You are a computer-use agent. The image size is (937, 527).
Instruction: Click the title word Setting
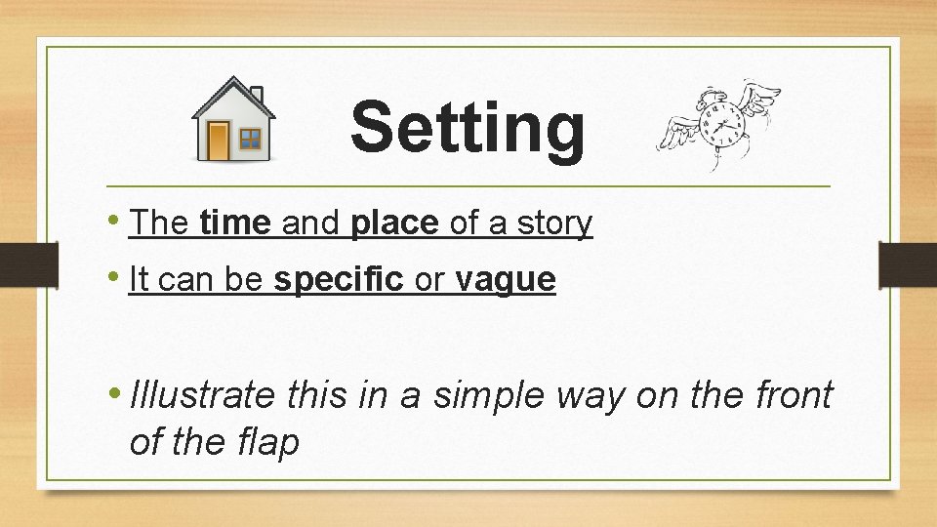coord(468,128)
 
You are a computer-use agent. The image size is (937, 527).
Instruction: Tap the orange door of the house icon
coord(218,141)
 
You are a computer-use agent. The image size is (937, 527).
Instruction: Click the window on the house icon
coord(252,140)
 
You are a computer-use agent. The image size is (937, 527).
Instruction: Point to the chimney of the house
coord(257,95)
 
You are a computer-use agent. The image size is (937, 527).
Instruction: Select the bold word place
coord(395,223)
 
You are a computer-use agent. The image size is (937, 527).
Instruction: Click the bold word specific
coord(339,280)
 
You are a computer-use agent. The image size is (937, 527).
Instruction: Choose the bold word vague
coord(506,280)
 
